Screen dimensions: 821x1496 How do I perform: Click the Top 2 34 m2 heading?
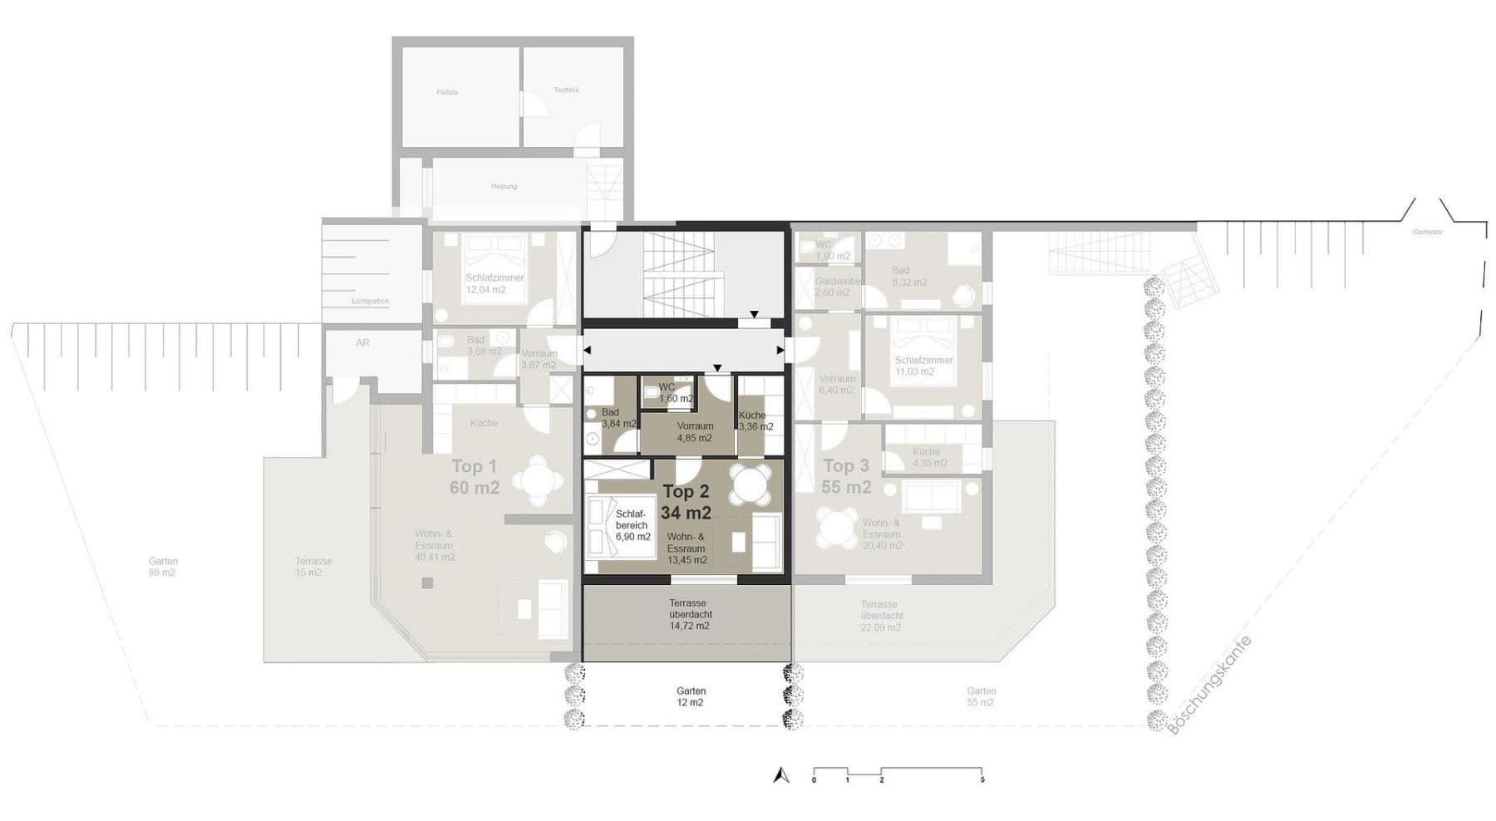[x=686, y=503]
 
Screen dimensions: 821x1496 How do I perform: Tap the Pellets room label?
[x=447, y=92]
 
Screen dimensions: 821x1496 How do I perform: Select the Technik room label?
[x=566, y=90]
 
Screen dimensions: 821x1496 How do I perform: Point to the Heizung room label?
[x=504, y=186]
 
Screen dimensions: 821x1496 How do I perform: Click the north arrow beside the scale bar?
[x=780, y=775]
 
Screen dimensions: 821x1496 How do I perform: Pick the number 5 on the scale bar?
[x=982, y=780]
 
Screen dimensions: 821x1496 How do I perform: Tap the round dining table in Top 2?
[x=750, y=484]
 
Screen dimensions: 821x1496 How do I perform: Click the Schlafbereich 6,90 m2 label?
[x=632, y=525]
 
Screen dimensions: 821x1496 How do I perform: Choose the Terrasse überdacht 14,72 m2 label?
[x=688, y=614]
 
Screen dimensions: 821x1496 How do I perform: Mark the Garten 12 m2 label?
[x=690, y=696]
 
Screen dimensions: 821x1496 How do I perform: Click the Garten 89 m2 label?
[x=163, y=567]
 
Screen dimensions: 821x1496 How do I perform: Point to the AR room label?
[x=362, y=342]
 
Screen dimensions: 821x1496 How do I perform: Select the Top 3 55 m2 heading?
[x=846, y=477]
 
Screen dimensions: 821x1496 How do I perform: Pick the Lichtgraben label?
[x=370, y=301]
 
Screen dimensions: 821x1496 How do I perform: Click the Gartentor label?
[x=1427, y=232]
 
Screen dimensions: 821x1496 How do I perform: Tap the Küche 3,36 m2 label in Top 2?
[x=755, y=421]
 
